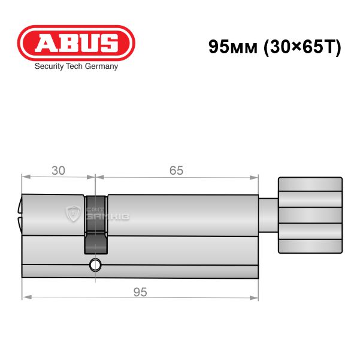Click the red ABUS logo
click(76, 42)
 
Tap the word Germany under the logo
click(101, 67)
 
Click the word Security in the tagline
click(49, 67)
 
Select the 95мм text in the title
click(232, 47)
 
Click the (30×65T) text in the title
click(302, 47)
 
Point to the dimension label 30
click(58, 171)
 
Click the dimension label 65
click(176, 171)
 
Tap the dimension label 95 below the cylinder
click(140, 292)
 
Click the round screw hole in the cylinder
click(95, 265)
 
